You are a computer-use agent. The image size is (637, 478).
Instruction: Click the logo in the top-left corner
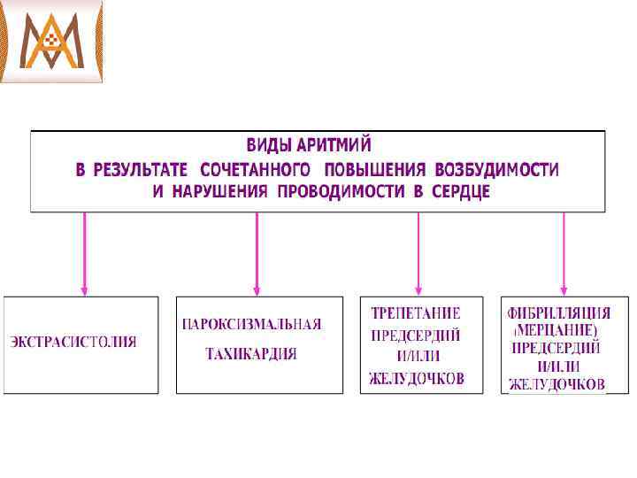click(x=52, y=42)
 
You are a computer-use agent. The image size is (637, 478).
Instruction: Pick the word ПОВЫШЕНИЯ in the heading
click(x=374, y=168)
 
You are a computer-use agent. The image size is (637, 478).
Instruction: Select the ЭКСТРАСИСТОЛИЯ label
click(x=73, y=342)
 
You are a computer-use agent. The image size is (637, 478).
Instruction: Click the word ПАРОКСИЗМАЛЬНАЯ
click(x=251, y=324)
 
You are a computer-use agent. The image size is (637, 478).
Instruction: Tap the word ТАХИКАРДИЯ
click(x=251, y=354)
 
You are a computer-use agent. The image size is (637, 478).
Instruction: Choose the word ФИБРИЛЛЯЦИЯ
click(x=558, y=313)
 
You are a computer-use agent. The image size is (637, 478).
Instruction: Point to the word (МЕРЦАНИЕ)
click(x=557, y=330)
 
